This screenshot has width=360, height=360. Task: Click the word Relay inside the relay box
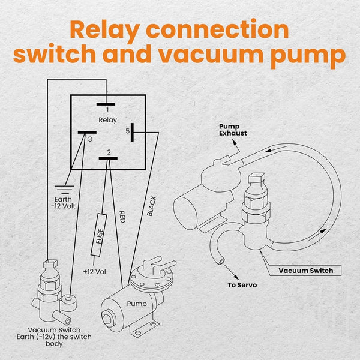point(108,120)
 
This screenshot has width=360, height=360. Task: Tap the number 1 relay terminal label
point(107,110)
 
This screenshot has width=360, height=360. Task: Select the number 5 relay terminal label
point(128,131)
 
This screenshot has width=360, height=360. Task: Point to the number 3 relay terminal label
point(89,139)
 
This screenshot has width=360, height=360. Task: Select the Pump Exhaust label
point(229,130)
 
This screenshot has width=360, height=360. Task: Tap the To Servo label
point(241,284)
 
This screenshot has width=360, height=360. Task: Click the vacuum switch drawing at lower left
point(50,288)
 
